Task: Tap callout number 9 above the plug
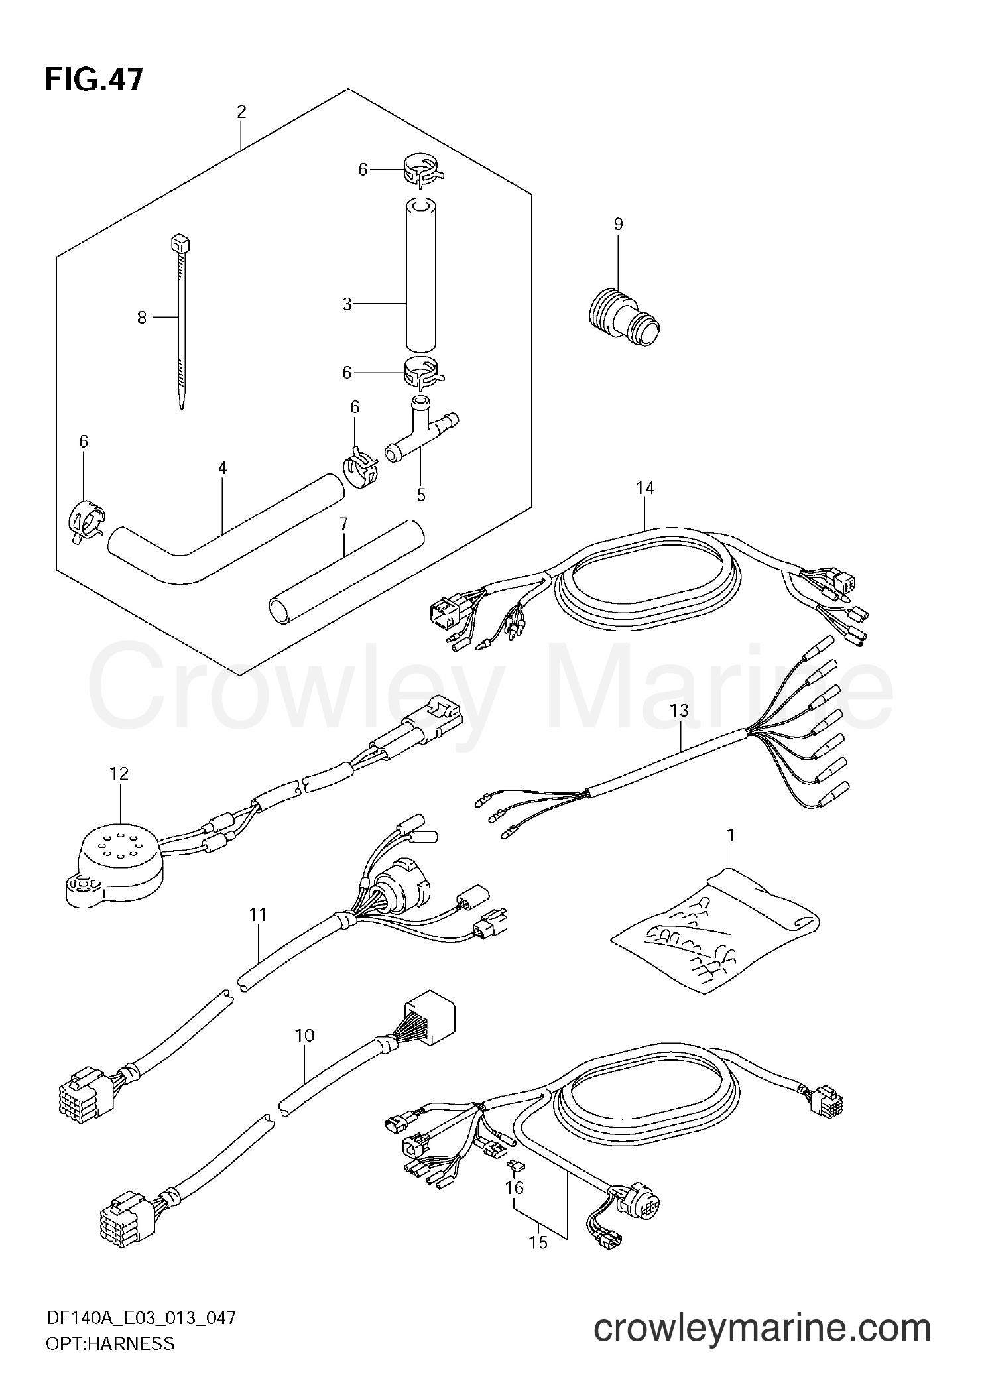tap(618, 224)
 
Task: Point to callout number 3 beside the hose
tap(347, 304)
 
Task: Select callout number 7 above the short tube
tap(343, 524)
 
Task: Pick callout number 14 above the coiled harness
tap(644, 488)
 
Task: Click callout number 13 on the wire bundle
tap(679, 711)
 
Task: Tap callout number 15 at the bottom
tap(539, 1242)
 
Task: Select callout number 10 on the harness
tap(305, 1054)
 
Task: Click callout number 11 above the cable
tap(258, 915)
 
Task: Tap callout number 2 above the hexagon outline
tap(241, 112)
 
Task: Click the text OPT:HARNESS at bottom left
tap(109, 1357)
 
